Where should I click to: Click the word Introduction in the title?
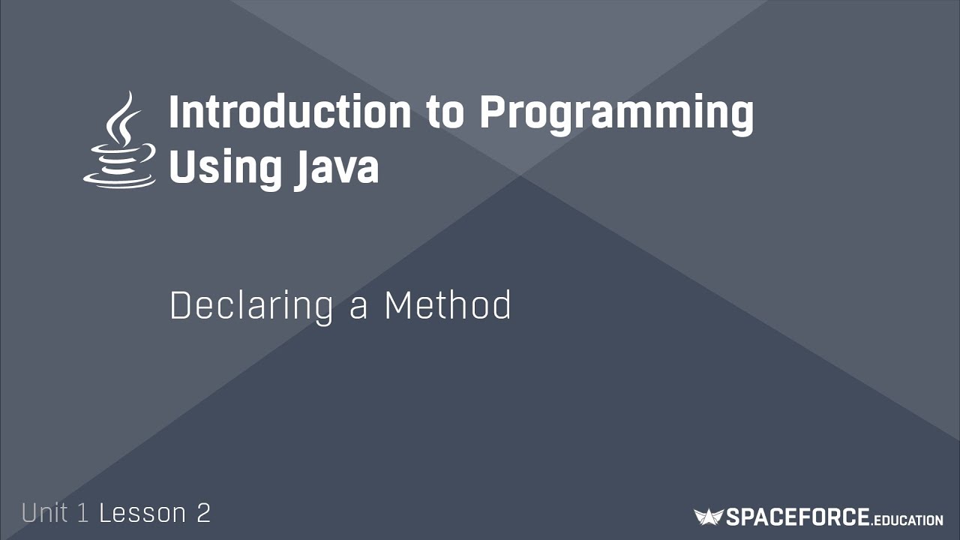289,113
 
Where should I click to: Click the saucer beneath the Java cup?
120,179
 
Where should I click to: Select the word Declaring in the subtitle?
251,307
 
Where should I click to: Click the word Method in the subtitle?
448,305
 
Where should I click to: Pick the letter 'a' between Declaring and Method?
358,308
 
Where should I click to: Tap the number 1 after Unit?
83,513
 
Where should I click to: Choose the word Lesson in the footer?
142,513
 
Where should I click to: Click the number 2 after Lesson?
204,513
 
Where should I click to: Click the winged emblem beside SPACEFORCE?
708,517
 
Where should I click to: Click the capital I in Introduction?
175,113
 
